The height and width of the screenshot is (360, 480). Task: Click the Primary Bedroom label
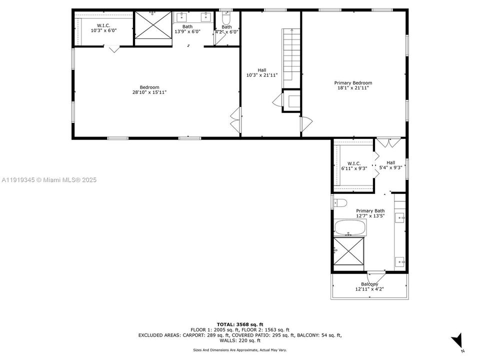[x=353, y=83]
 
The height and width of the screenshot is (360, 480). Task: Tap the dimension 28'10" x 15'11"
[x=149, y=92]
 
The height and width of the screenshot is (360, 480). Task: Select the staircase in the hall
[x=291, y=57]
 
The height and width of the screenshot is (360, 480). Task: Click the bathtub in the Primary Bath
[x=350, y=228]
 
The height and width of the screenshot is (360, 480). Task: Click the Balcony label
[x=369, y=284]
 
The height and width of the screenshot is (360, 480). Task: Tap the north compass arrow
[x=457, y=342]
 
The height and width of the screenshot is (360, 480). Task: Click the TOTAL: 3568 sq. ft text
[x=239, y=324]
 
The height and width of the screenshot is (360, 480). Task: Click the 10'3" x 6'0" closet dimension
[x=103, y=30]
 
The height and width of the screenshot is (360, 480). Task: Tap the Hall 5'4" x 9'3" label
[x=390, y=165]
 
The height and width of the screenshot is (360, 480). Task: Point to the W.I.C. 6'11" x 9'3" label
[x=354, y=166]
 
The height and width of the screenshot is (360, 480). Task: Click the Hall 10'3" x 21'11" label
[x=262, y=73]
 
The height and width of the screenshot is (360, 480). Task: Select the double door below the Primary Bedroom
[x=388, y=142]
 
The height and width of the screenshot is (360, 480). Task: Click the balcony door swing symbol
[x=376, y=276]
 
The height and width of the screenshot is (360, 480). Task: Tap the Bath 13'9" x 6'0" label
[x=187, y=29]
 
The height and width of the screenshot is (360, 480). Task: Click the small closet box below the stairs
[x=291, y=100]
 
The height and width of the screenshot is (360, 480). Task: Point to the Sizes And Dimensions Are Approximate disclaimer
[x=239, y=350]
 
